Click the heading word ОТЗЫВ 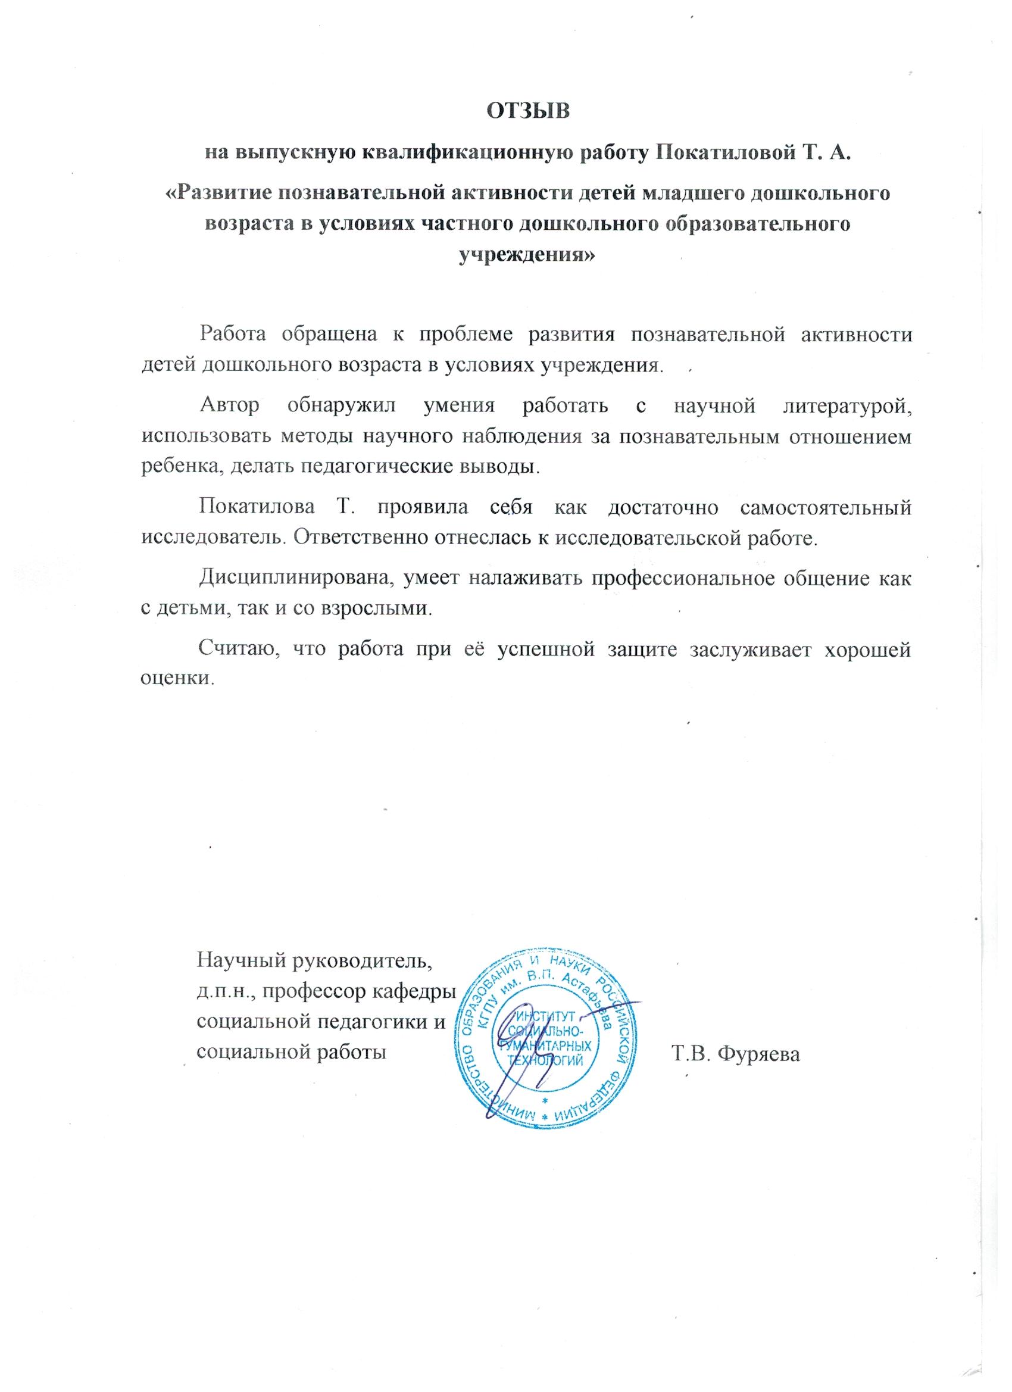tap(528, 112)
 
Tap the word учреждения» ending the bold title tap(527, 254)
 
